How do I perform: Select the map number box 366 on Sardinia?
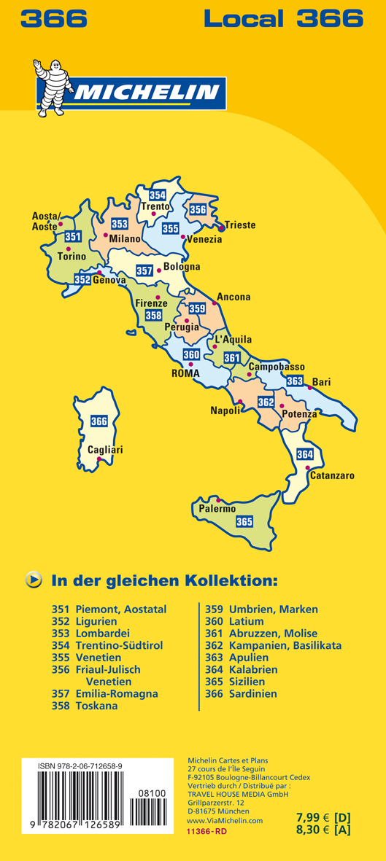tap(99, 421)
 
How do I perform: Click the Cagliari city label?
tap(105, 450)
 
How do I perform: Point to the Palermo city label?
tap(217, 509)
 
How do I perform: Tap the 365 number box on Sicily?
tap(244, 521)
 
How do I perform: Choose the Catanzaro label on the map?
tap(332, 476)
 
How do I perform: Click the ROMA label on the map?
tap(185, 373)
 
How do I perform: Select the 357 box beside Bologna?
tap(144, 271)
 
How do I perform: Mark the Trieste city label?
tap(240, 225)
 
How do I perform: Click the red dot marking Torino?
tap(68, 249)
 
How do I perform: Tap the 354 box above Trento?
tap(157, 195)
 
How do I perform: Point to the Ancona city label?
tap(233, 297)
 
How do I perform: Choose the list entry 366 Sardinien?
tap(241, 694)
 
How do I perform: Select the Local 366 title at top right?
tap(283, 17)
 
